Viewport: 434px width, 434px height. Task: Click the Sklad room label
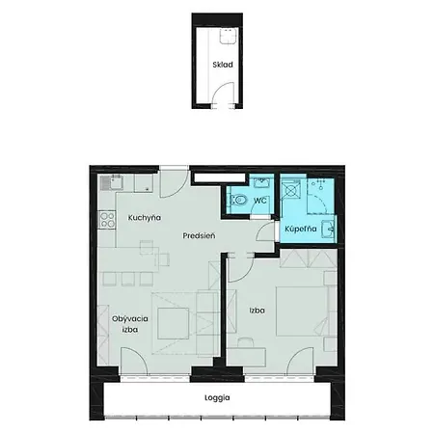[223, 65]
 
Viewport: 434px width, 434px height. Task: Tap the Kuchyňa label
[145, 218]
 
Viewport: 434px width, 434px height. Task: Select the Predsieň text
[199, 235]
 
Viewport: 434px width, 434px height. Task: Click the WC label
[260, 201]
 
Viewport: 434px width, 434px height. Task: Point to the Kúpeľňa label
[301, 229]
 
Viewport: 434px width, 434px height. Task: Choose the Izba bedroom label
[258, 311]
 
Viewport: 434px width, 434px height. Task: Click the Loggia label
[217, 397]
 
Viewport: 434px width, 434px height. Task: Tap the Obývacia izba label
[130, 324]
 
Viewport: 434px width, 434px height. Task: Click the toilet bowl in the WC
[238, 201]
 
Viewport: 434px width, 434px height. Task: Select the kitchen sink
[111, 182]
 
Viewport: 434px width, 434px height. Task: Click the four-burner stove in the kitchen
[107, 220]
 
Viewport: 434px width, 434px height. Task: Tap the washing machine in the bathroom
[291, 190]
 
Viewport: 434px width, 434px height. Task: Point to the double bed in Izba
[302, 312]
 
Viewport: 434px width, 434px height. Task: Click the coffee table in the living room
[174, 323]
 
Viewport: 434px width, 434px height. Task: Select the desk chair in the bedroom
[246, 342]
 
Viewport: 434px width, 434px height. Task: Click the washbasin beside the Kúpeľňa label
[328, 229]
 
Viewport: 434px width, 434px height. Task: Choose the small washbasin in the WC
[263, 181]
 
